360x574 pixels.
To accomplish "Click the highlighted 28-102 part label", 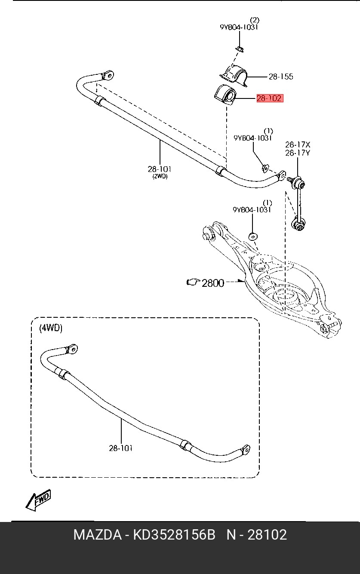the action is (270, 98).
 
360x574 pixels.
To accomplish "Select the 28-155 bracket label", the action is (281, 77).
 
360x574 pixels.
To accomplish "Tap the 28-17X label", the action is (298, 145).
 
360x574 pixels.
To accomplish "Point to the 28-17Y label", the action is (298, 153).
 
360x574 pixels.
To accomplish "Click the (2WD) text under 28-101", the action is (160, 177).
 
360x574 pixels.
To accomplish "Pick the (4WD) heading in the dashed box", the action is (51, 328).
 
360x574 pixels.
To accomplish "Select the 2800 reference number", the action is (213, 283).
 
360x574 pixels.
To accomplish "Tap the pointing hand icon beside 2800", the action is (194, 282).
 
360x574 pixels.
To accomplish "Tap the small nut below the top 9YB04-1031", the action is (240, 49).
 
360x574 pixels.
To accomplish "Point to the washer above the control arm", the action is (253, 236).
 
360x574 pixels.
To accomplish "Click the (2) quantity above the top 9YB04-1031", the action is (255, 20).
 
